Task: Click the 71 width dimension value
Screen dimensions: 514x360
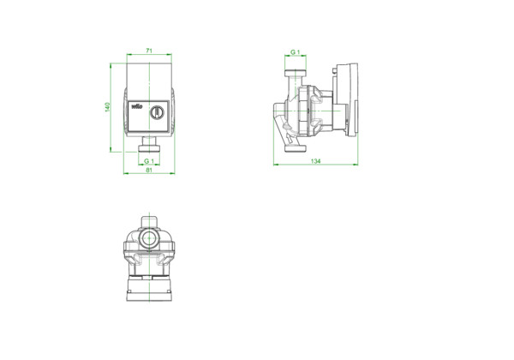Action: click(149, 51)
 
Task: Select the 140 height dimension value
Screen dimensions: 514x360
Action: click(107, 107)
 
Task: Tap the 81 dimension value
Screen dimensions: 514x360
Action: click(149, 170)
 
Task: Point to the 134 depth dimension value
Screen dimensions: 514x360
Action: click(315, 161)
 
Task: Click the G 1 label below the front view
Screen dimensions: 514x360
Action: click(149, 161)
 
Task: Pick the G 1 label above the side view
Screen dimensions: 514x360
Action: click(296, 52)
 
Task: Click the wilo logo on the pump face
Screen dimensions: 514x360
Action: click(137, 106)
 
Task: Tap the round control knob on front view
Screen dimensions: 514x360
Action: click(157, 112)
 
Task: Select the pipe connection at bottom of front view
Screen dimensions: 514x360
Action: click(149, 144)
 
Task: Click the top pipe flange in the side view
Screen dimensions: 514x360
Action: click(296, 73)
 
